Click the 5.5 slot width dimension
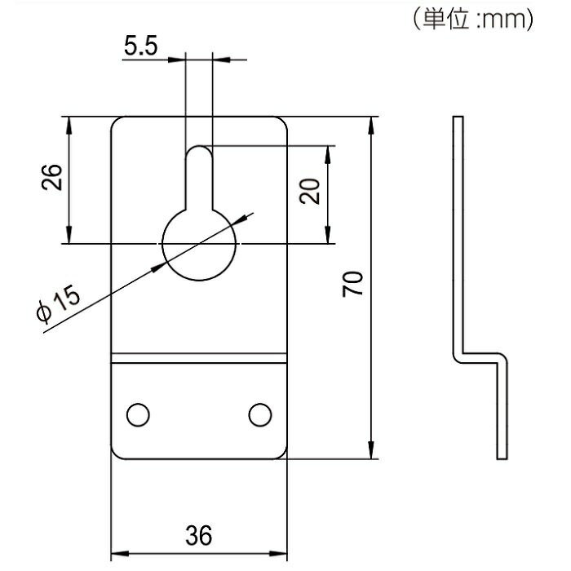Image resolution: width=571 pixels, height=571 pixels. (141, 46)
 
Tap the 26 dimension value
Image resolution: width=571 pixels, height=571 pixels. (52, 177)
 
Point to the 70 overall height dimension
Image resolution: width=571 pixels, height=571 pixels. (352, 284)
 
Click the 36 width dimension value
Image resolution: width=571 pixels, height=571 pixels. (199, 535)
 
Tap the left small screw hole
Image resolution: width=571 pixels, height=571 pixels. (138, 414)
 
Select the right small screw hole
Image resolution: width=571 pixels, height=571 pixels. (260, 414)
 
